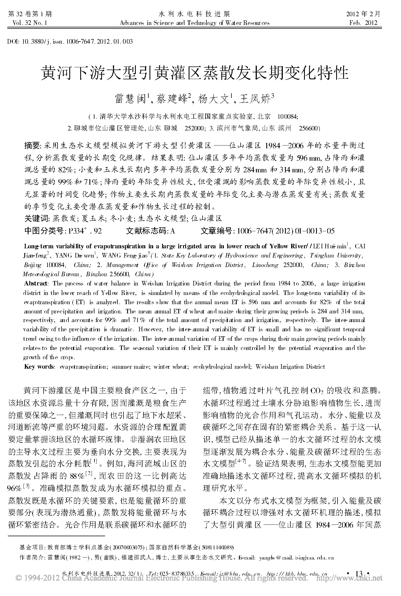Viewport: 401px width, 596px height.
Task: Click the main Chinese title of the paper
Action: coord(195,73)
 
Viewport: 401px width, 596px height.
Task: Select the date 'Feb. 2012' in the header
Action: coord(363,23)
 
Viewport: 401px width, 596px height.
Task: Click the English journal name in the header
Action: coord(194,23)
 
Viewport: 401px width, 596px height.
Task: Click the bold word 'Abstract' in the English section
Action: coord(36,283)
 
